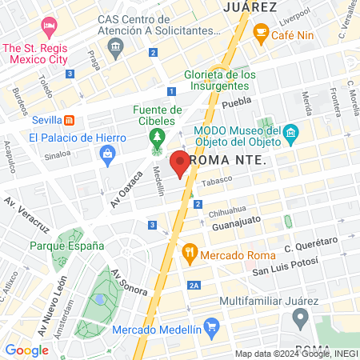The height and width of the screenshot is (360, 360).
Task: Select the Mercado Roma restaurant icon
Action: tap(189, 254)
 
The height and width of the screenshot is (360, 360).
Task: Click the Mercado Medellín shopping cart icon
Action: tap(211, 326)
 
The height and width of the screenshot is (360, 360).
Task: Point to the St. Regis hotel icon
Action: tap(49, 26)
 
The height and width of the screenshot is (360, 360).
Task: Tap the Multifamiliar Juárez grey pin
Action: tap(301, 318)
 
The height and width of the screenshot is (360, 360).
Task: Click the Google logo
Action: tap(26, 350)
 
